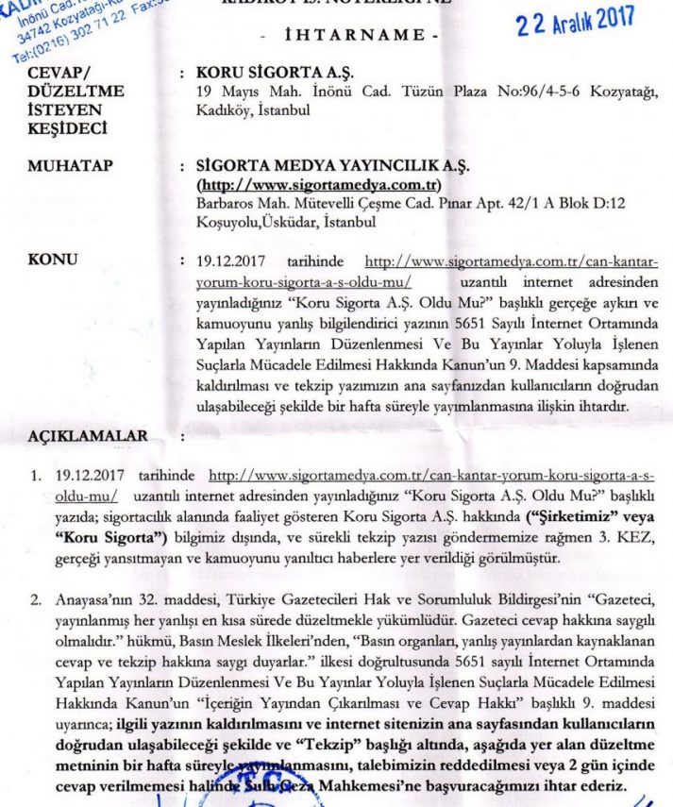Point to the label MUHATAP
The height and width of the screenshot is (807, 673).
pyautogui.click(x=72, y=167)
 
